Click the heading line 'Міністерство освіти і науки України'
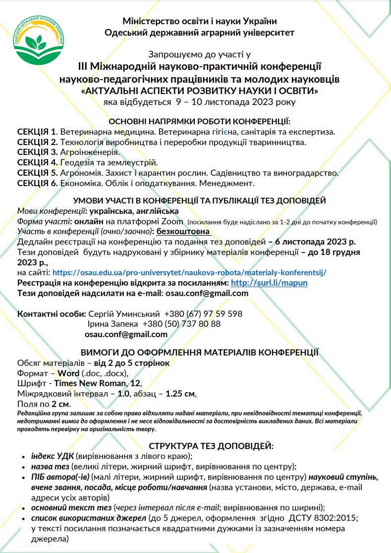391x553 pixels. click(x=200, y=21)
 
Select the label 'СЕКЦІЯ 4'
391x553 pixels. click(x=37, y=162)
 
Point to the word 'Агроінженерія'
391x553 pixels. click(x=90, y=152)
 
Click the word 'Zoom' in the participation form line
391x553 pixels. click(x=173, y=221)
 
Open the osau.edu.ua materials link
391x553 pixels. click(x=190, y=272)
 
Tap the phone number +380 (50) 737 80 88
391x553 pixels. click(x=181, y=324)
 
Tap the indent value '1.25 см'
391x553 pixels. click(x=181, y=394)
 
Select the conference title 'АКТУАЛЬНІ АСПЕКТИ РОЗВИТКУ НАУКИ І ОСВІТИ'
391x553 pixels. click(x=199, y=92)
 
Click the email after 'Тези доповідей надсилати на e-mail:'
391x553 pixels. click(x=207, y=293)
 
